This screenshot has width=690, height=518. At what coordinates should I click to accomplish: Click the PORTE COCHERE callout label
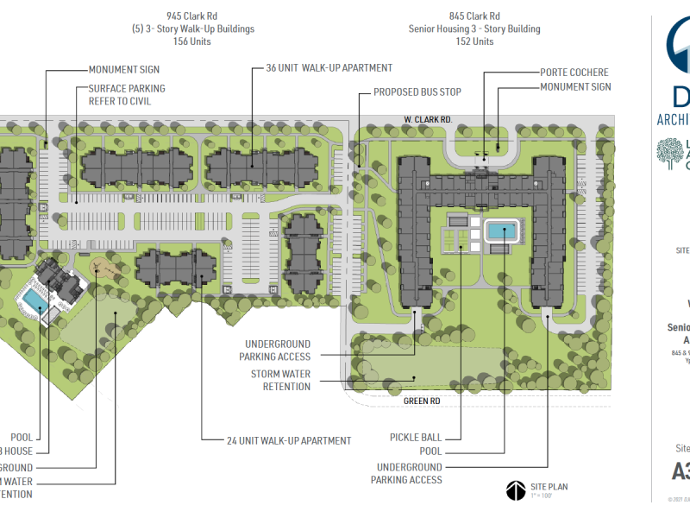tap(574, 73)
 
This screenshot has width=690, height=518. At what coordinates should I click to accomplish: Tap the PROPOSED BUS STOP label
tap(417, 92)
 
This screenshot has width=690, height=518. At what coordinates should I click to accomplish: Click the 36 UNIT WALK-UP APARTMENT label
tap(323, 68)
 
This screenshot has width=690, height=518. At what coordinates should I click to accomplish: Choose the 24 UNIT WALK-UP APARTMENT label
tap(277, 440)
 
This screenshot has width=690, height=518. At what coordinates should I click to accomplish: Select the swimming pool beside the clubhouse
tap(34, 300)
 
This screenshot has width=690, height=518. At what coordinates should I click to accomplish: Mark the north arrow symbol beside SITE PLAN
tap(514, 490)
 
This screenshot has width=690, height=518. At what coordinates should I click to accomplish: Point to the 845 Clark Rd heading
tap(474, 16)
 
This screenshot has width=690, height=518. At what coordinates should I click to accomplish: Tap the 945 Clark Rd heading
tap(191, 16)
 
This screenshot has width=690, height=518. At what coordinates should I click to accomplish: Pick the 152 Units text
tap(474, 41)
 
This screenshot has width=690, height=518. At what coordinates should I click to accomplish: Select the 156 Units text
tap(191, 41)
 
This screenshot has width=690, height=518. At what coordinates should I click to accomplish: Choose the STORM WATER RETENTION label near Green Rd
tap(280, 380)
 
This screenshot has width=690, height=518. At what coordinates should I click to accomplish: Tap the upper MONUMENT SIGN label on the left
tap(124, 69)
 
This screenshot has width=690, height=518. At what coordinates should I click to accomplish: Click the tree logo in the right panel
tap(670, 154)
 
